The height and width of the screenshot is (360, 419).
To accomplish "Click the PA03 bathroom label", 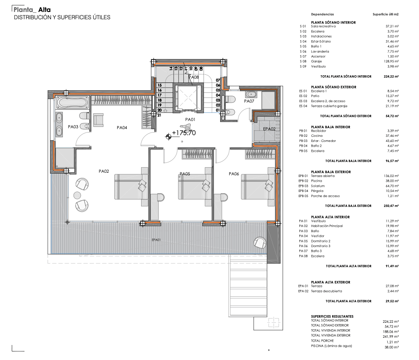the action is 73,127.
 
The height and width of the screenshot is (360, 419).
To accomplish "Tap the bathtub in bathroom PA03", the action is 72,103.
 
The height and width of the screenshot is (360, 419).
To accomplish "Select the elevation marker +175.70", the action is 184,133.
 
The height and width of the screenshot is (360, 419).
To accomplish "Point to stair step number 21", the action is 159,115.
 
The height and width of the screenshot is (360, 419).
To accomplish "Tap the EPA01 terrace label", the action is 156,240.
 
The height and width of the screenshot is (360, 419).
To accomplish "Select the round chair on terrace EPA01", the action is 260,242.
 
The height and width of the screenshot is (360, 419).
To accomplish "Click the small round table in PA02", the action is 77,195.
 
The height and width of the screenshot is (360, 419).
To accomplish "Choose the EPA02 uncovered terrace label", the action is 269,129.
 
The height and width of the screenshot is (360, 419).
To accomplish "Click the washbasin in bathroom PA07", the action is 251,94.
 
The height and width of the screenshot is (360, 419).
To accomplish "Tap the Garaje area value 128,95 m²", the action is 391,62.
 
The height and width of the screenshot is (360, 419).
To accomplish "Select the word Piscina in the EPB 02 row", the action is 316,181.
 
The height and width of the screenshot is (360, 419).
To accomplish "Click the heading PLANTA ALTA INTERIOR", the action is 330,217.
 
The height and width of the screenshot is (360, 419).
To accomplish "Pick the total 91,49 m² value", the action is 391,266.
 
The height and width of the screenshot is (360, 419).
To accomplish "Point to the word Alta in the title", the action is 44,10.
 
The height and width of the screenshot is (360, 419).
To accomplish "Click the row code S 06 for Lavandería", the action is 303,51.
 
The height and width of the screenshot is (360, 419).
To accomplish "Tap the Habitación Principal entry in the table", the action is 327,226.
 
